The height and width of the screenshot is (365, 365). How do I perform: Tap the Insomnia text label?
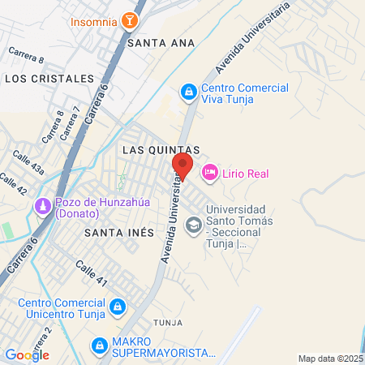click(92, 20)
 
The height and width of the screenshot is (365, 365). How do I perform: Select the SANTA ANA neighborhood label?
click(161, 44)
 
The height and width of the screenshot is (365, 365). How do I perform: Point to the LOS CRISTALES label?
click(49, 78)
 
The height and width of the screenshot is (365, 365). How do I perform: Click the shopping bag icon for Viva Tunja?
click(188, 93)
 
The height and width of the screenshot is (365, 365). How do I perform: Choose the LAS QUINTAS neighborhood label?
click(161, 150)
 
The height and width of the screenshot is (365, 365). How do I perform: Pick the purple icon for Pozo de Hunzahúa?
click(41, 208)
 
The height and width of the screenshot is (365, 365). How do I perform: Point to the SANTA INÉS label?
click(118, 232)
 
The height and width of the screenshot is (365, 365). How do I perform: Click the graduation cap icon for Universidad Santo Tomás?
click(194, 223)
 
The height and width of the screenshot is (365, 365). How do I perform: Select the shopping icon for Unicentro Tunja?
click(118, 307)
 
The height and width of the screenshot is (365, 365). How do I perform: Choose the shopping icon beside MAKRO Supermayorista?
click(99, 346)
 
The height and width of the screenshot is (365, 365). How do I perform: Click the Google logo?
click(27, 354)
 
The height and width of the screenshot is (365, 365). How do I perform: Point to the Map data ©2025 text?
click(330, 359)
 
